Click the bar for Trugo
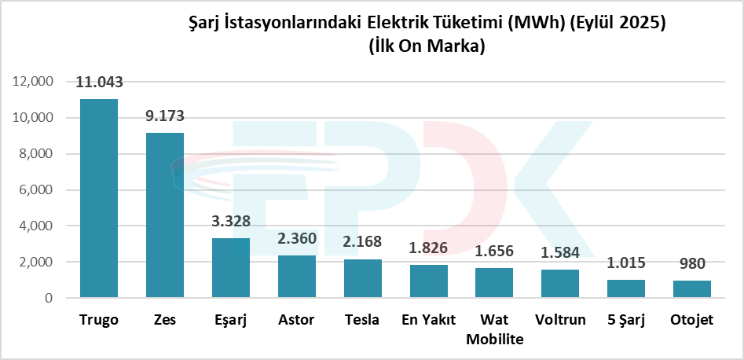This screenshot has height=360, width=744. (99, 198)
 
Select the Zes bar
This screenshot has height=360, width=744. (165, 215)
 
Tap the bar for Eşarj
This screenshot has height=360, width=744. (231, 268)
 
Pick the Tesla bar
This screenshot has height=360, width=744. (362, 278)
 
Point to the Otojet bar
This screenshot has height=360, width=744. (691, 289)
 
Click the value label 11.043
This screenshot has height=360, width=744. (99, 83)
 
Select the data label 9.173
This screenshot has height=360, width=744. (165, 116)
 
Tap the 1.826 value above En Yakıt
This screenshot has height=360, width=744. (428, 248)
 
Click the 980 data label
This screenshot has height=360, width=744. (691, 264)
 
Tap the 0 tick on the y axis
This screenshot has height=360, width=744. (49, 299)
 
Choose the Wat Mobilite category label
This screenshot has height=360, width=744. (494, 329)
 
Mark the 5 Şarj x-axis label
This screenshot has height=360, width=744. (625, 320)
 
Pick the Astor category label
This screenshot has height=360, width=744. (297, 320)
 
